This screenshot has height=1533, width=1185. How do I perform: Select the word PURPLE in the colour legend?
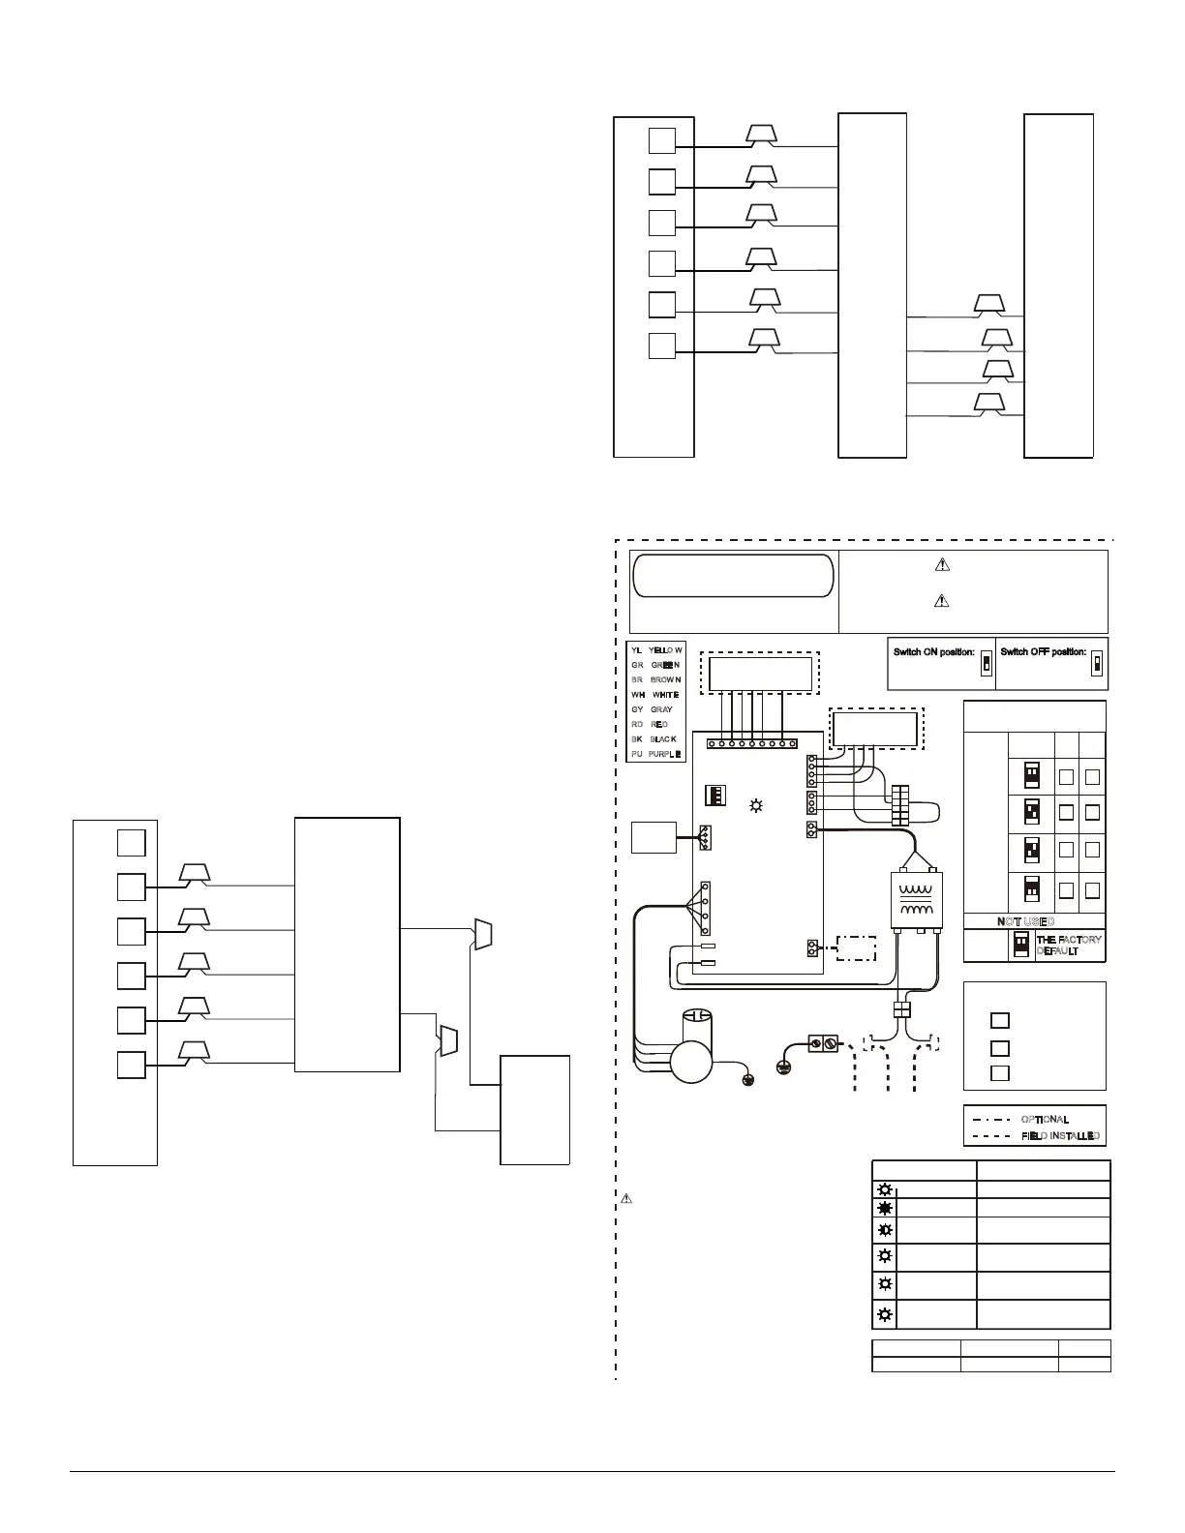(665, 753)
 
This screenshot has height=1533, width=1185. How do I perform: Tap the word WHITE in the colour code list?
(665, 695)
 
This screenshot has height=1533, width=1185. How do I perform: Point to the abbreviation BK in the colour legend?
(636, 738)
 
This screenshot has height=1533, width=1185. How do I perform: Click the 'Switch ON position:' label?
(933, 652)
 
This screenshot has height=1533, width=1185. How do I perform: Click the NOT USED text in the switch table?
(1025, 921)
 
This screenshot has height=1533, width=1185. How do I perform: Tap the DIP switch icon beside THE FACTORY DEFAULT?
(1020, 945)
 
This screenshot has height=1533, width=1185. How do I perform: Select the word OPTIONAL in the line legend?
(1045, 1119)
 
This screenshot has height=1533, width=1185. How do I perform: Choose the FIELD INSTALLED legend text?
(1060, 1136)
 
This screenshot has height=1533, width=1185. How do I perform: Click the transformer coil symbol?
(914, 901)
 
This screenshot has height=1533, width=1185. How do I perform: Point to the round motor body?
(690, 1062)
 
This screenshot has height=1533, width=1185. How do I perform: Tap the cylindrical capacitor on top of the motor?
(697, 1026)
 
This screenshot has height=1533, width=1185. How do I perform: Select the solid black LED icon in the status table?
(884, 1209)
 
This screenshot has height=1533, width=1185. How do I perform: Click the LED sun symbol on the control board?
(756, 805)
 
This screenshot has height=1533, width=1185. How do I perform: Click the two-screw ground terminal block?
(822, 1045)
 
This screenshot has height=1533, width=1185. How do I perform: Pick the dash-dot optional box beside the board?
(856, 948)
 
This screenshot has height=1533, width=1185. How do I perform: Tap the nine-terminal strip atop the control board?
(751, 743)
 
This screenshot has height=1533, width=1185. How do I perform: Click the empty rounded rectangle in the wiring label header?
(733, 576)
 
